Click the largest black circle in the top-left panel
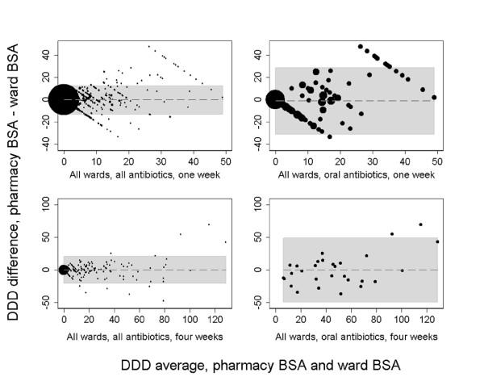click(63, 99)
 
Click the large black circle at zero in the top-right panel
click(275, 99)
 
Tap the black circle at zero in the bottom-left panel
click(64, 270)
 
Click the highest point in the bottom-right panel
click(420, 224)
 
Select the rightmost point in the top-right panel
click(434, 97)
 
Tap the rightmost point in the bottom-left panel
click(225, 241)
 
